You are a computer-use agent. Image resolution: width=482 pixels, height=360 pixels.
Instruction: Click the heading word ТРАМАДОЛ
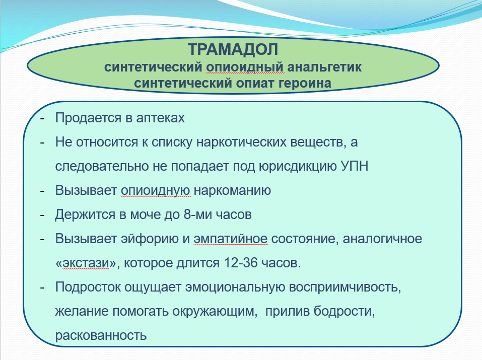[233, 49]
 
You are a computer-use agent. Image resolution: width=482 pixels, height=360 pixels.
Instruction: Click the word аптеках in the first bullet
[160, 118]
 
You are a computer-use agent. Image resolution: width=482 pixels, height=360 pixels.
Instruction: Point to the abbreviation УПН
[354, 166]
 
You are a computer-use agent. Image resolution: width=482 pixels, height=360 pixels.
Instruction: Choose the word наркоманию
[232, 190]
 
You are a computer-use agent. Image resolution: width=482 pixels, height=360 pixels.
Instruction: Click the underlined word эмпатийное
[231, 239]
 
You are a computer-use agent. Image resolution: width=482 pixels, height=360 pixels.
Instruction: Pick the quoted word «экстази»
[87, 263]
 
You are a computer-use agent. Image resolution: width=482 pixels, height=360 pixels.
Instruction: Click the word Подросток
[88, 287]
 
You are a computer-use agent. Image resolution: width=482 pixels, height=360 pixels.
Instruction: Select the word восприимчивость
[345, 287]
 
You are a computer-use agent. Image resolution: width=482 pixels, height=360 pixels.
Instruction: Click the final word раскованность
[101, 335]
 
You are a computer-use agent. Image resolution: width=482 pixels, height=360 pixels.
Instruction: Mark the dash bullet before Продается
[42, 118]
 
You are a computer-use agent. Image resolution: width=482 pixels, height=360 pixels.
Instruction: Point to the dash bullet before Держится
[42, 215]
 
